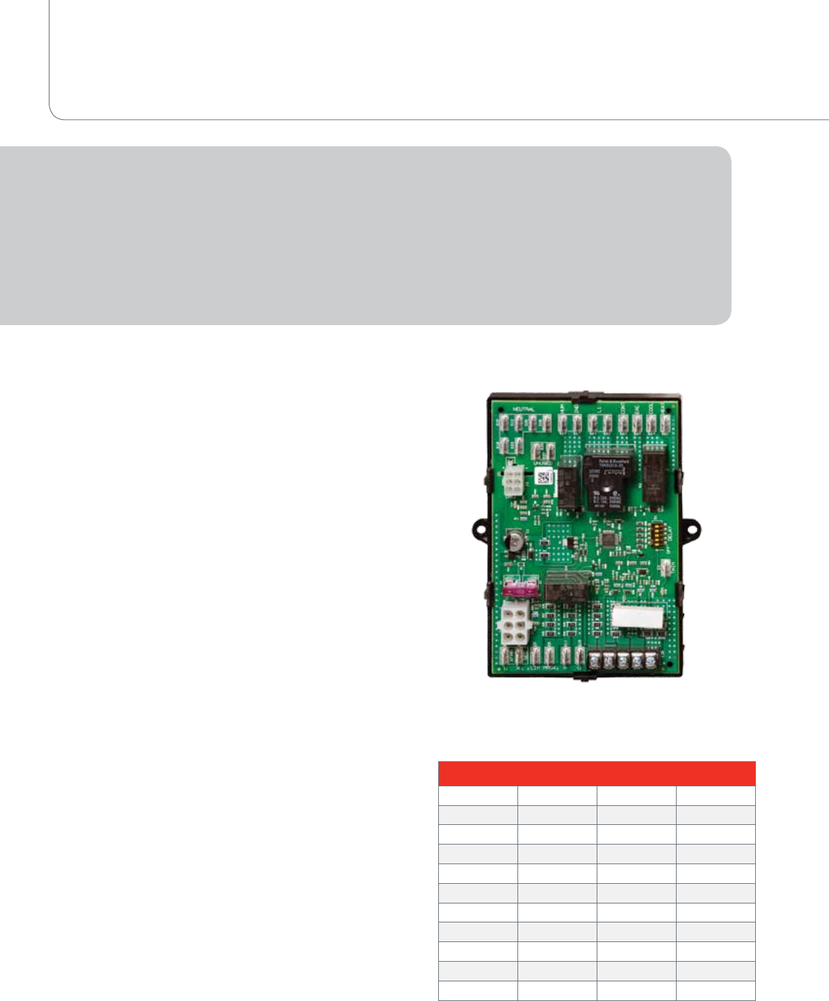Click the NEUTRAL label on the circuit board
524,410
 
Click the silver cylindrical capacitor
514,542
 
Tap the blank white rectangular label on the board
636,616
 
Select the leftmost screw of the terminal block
593,661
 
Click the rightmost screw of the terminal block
651,661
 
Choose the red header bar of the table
596,773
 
